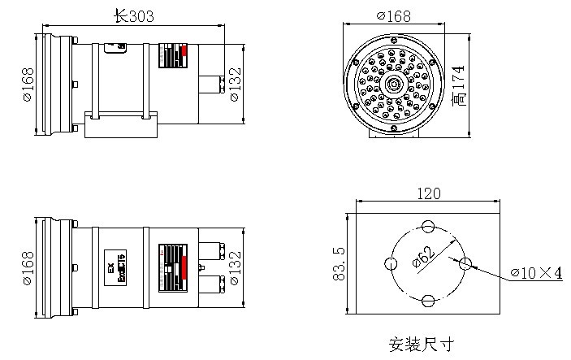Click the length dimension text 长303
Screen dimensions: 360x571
coord(134,15)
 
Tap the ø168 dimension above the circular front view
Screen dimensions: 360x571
coord(395,15)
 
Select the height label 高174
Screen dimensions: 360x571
coord(460,85)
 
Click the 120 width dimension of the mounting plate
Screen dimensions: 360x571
coord(429,193)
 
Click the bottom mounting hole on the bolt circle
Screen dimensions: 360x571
coord(427,301)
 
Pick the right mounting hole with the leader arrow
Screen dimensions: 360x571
coord(465,264)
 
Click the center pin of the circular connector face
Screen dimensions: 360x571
coord(395,84)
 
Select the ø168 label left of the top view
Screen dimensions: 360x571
coord(25,85)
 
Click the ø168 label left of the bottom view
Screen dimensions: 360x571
coord(25,267)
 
